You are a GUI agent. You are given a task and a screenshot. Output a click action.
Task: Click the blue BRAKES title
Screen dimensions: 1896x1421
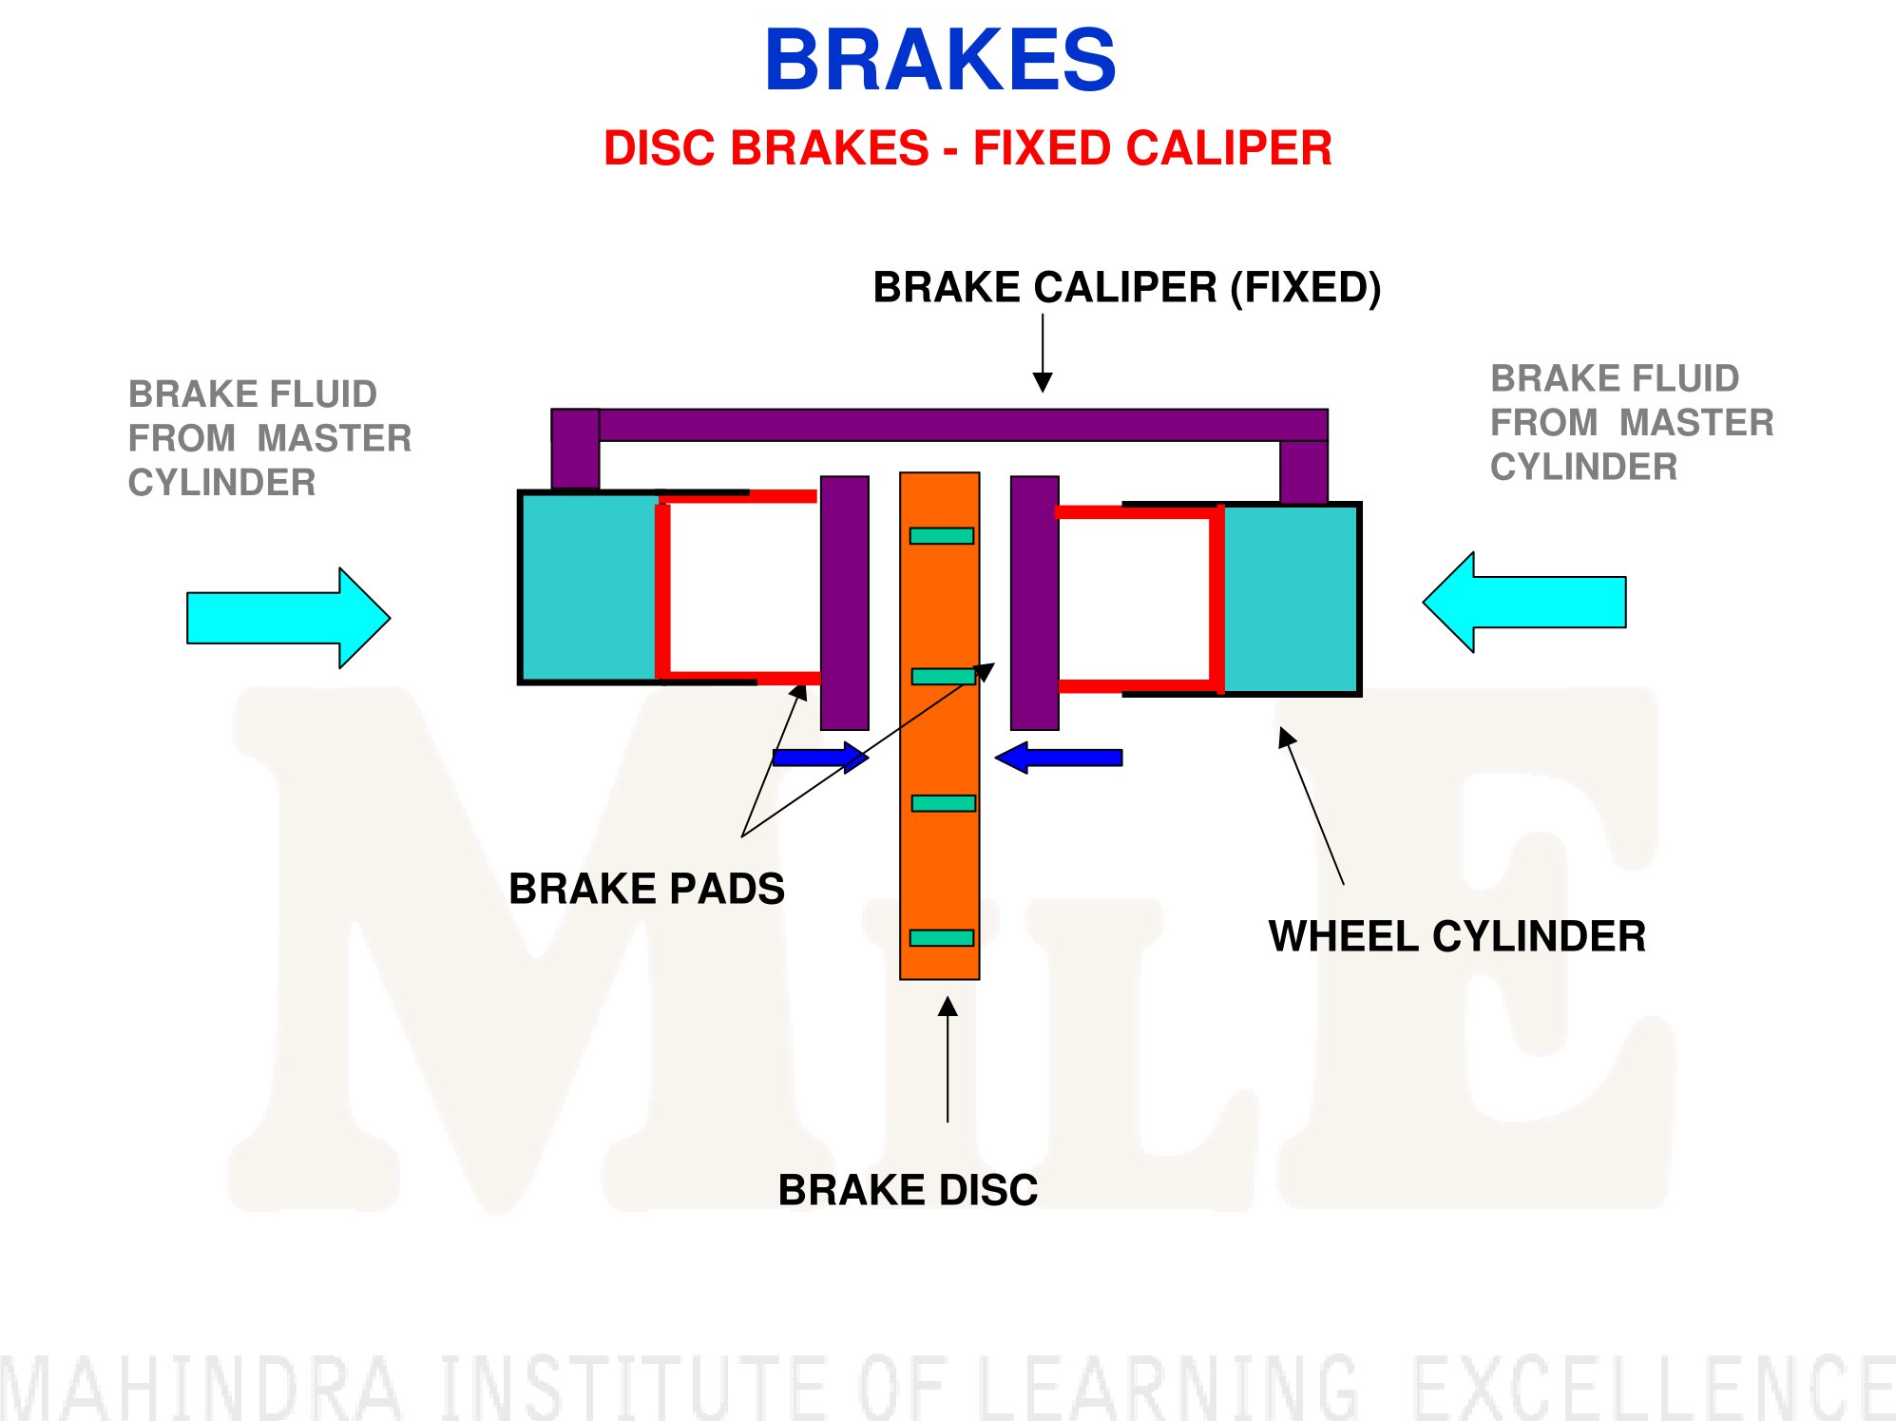coord(940,60)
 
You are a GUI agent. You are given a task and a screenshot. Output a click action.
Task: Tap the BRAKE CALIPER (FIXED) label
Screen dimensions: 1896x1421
coord(1127,287)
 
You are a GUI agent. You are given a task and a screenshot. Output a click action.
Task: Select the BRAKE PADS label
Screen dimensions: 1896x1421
coord(646,889)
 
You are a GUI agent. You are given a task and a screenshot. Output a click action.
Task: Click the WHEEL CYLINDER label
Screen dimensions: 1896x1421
coord(1457,936)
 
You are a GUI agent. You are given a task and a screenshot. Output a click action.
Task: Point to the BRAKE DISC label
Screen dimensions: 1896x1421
coord(908,1190)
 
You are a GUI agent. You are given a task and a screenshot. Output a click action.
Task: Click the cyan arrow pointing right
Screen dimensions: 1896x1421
coord(288,618)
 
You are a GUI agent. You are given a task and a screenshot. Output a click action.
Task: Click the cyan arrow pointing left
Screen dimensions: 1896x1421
coord(1524,602)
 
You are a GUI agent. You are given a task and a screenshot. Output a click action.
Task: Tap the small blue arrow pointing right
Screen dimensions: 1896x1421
coord(820,758)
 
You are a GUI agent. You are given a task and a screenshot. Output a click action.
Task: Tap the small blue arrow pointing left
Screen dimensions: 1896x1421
coord(1059,758)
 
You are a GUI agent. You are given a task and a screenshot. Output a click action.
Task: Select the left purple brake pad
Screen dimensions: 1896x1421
coord(845,603)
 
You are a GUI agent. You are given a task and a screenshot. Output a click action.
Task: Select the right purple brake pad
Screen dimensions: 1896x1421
coord(1035,603)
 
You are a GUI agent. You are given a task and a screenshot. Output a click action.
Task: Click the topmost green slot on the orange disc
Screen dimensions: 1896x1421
coord(942,536)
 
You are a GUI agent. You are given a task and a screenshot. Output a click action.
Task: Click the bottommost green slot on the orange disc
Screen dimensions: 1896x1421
coord(942,938)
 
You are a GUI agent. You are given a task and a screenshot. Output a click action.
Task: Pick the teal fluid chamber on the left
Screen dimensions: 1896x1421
coord(588,587)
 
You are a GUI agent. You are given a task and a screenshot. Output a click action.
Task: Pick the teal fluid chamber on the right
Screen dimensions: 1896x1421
coord(1290,599)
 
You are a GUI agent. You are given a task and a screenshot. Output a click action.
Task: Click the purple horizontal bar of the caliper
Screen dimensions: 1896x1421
coord(940,425)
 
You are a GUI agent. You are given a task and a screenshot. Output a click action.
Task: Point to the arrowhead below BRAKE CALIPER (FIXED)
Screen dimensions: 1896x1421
coord(1043,382)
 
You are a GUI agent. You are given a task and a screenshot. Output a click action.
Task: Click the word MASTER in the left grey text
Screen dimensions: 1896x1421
coord(335,438)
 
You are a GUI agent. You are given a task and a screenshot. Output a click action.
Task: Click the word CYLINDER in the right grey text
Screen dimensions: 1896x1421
coord(1583,467)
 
